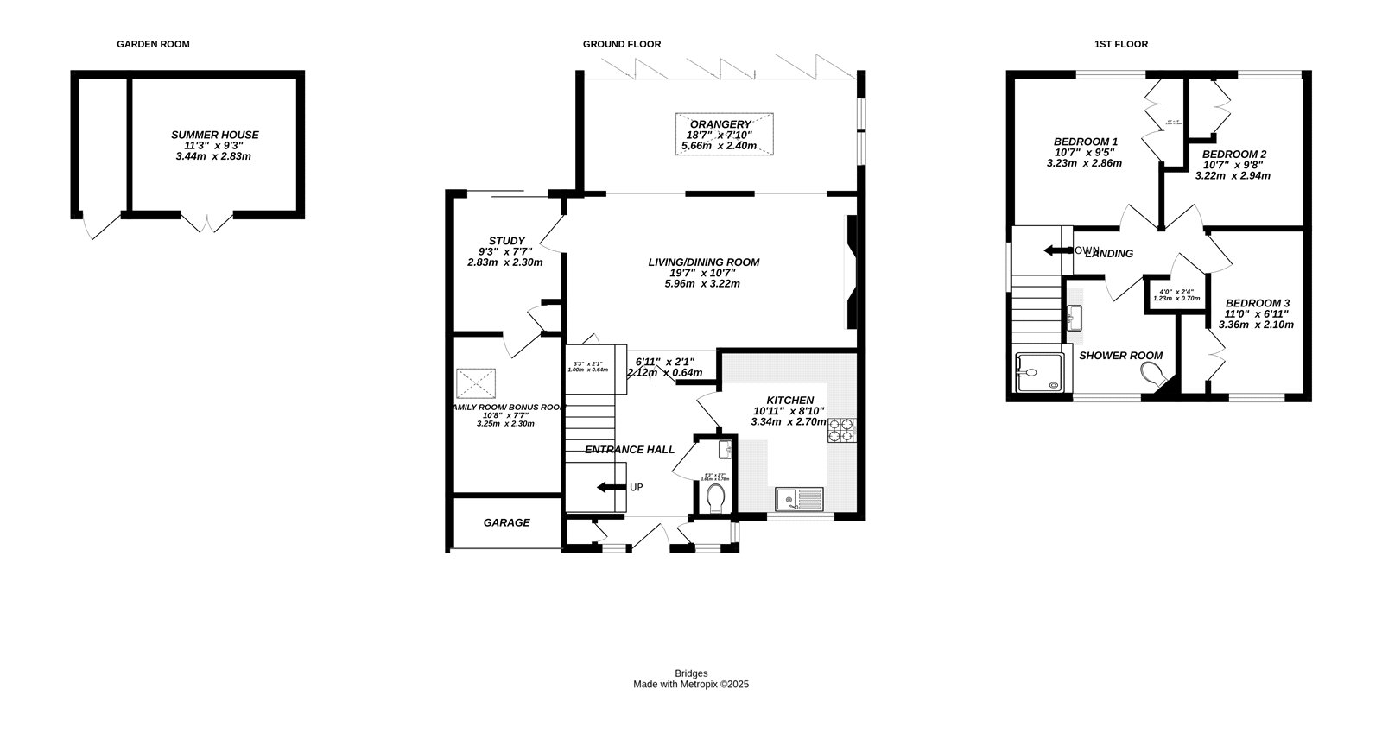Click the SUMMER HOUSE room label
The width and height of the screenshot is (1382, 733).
[214, 135]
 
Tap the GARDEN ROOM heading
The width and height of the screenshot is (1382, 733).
[153, 44]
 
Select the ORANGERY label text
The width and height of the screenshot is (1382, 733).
[720, 124]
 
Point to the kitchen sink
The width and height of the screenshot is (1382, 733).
[800, 498]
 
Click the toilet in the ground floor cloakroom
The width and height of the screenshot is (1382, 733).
[714, 498]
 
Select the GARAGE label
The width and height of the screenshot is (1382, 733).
[506, 522]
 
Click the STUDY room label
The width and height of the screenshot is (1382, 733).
[506, 241]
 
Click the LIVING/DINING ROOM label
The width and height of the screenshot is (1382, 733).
[704, 262]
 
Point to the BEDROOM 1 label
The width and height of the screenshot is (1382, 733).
[1085, 142]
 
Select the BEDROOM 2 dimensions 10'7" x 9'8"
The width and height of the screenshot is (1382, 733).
[1233, 165]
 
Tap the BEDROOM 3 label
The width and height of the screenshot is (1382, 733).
[1257, 303]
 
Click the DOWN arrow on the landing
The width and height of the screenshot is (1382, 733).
[1053, 251]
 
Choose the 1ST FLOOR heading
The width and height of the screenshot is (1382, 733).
[1120, 44]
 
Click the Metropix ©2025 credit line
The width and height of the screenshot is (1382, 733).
[691, 684]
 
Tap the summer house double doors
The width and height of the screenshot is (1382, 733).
[206, 223]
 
